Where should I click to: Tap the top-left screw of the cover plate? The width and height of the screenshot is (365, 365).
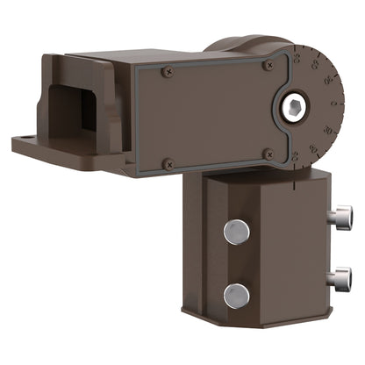click(x=168, y=72)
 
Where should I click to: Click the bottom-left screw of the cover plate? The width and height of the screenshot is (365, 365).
click(x=168, y=162)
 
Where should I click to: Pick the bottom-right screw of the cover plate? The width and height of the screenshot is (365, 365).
click(x=268, y=154)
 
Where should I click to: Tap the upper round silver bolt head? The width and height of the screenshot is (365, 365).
click(x=236, y=232)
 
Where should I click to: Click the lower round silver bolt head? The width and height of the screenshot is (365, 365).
click(x=236, y=296)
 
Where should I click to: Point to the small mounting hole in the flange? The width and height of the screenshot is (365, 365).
click(x=31, y=139)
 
